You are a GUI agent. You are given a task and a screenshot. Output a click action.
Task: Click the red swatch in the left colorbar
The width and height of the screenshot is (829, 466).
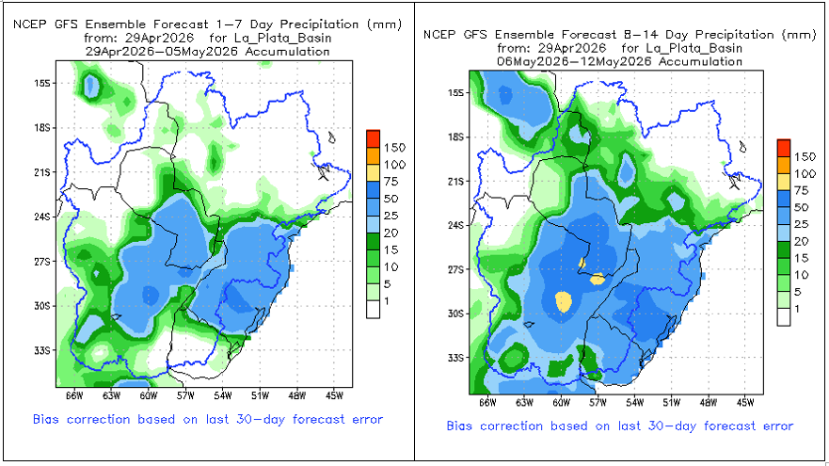(x=373, y=137)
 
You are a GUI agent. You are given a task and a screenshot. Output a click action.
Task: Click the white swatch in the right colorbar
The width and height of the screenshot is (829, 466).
(x=784, y=318)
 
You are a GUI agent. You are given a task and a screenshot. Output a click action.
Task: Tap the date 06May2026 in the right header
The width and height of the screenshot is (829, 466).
(x=531, y=60)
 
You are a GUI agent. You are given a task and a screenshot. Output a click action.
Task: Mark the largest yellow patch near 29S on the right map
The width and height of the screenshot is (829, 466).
(x=564, y=301)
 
